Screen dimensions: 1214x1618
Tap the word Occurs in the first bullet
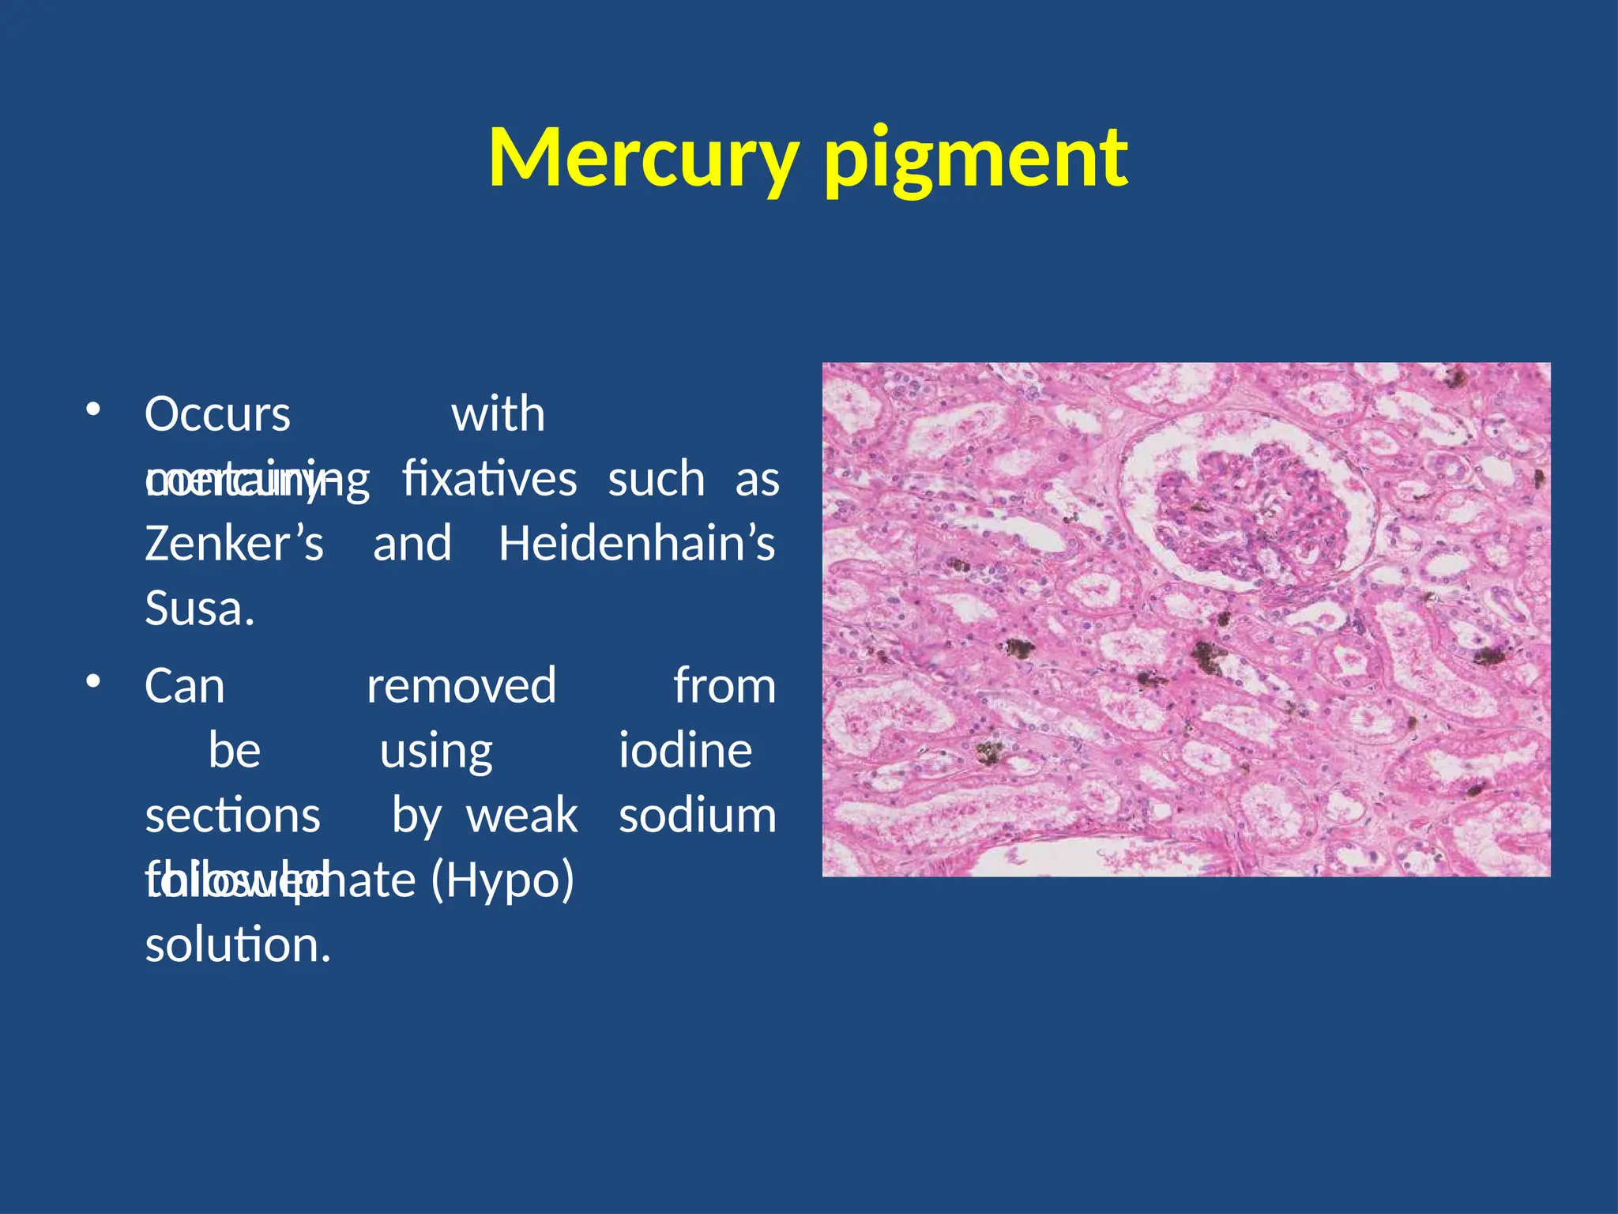coord(217,414)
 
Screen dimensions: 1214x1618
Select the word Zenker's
coord(234,544)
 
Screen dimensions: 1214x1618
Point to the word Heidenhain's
coord(637,544)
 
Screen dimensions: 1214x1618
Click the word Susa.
coord(199,609)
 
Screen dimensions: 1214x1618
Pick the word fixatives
coord(490,479)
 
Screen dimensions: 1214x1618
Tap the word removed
coord(461,685)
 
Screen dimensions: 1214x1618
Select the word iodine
coord(685,750)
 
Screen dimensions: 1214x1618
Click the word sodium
coord(698,815)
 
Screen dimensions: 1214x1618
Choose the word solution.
coord(237,944)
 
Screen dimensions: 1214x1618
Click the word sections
coord(232,815)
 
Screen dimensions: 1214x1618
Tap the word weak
coord(522,815)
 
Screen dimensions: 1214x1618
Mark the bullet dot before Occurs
coord(93,409)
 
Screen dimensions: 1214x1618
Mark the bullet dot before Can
coord(93,681)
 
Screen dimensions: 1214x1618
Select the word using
coord(436,752)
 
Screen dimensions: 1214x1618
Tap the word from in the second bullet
coord(724,685)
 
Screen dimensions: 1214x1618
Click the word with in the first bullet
coord(498,414)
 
